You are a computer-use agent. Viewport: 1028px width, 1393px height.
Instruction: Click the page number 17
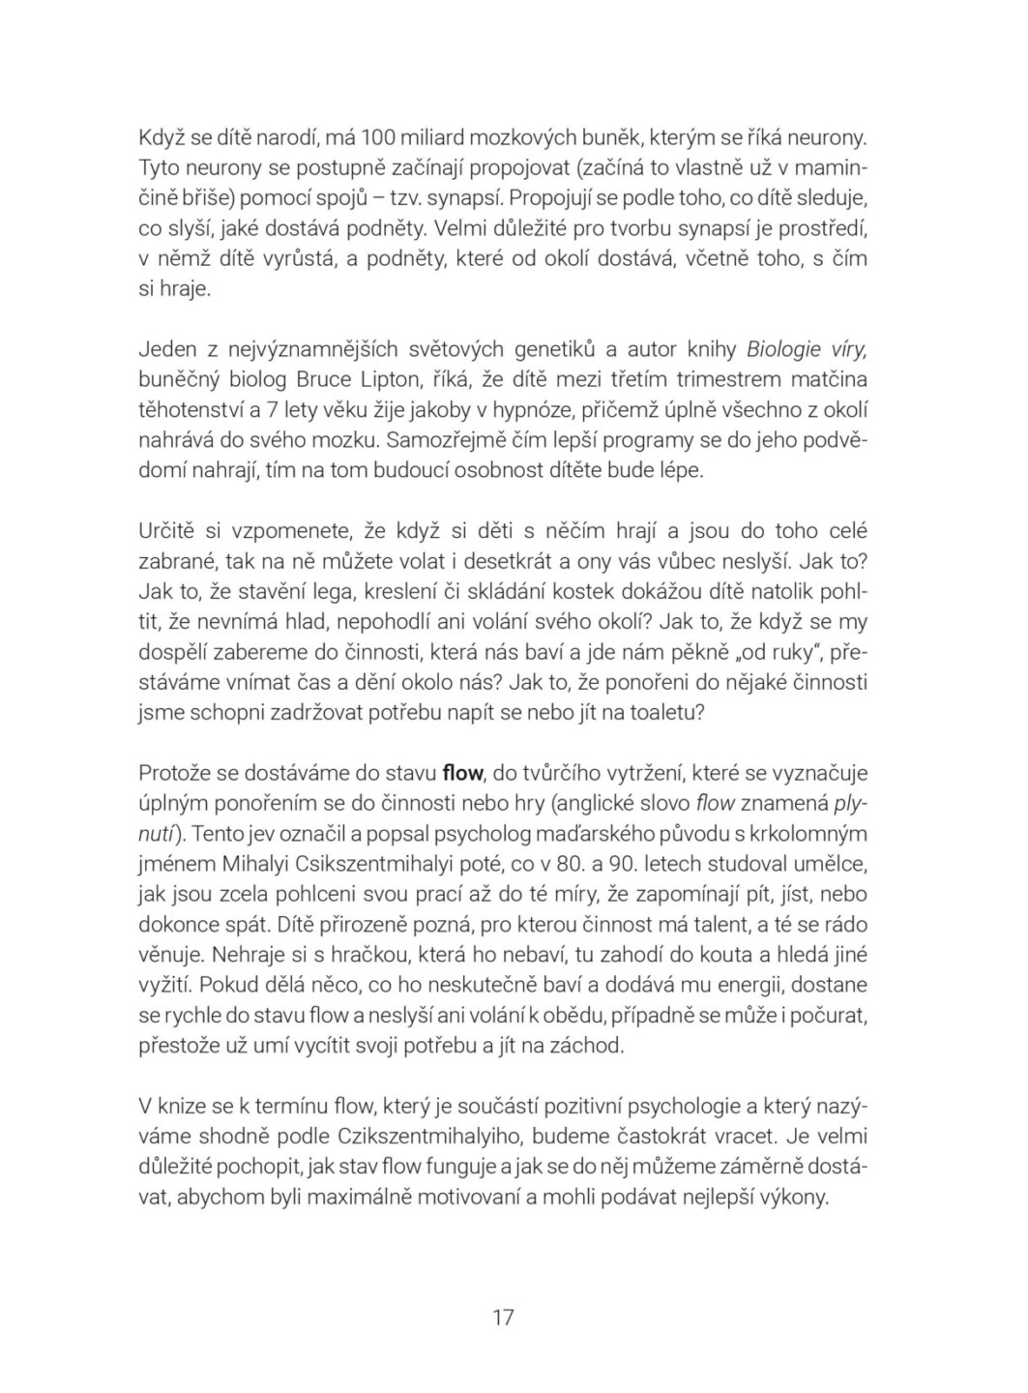pyautogui.click(x=503, y=1317)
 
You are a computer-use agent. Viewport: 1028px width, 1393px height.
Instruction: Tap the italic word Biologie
pyautogui.click(x=784, y=348)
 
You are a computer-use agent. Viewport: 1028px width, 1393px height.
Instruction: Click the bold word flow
pyautogui.click(x=462, y=773)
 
